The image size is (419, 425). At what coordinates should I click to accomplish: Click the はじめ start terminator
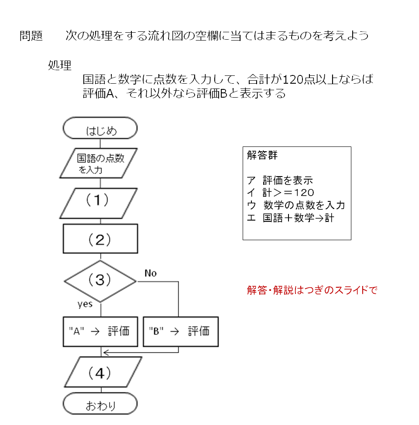100,128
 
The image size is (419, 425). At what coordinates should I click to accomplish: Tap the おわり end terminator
100,404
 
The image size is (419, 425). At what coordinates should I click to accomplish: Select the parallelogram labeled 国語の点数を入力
99,163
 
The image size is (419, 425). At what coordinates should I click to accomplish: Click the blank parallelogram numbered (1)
99,203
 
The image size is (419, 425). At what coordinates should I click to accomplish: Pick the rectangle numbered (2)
100,239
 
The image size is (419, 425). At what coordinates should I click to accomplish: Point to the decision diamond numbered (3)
100,281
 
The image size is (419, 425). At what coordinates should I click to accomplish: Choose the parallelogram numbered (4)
103,372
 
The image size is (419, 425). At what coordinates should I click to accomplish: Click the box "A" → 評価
100,332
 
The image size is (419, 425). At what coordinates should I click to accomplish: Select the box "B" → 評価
181,332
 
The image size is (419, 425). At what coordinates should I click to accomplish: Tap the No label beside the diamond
151,273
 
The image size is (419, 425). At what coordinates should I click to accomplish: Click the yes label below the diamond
85,304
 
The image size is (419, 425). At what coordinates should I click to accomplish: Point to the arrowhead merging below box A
106,353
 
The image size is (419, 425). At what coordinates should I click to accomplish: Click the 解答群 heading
262,155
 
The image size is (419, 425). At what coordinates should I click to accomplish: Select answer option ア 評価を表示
280,180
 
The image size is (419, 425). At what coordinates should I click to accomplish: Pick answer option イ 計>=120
280,193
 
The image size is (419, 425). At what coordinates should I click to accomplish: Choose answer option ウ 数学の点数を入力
296,205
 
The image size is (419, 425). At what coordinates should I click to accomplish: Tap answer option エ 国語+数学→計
290,218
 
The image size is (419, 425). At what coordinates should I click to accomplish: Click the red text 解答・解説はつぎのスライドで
312,290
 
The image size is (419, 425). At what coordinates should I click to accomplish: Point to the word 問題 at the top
31,36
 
